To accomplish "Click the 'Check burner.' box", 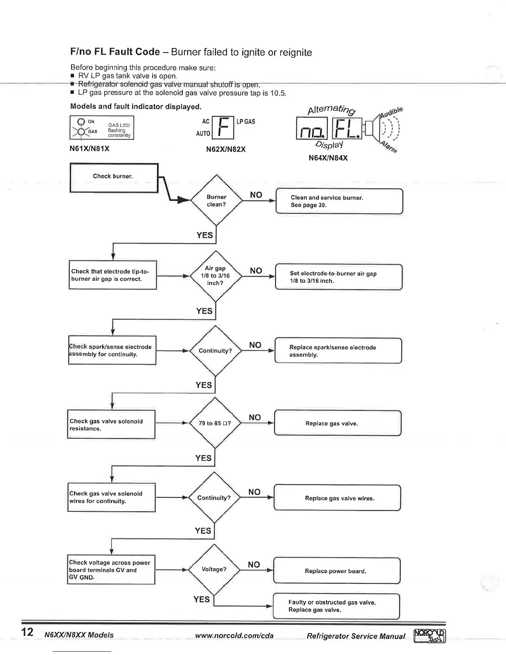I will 114,178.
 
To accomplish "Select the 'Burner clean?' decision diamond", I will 216,201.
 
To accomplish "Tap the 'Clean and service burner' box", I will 339,201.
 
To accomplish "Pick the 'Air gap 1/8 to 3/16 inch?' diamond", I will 215,276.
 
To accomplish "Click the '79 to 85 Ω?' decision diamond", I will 215,423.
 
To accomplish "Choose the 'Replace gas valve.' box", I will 337,423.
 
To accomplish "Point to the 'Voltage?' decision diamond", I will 214,569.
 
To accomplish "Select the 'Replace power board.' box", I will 337,571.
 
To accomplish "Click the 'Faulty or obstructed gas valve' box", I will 336,606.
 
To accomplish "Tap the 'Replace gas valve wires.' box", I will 337,498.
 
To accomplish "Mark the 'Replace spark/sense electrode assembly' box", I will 338,351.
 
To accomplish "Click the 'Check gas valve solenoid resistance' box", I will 111,425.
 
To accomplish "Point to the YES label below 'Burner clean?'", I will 205,235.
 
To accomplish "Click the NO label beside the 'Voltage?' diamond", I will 254,564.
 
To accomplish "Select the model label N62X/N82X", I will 226,149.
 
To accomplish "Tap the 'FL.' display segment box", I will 347,129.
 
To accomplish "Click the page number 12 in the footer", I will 27,632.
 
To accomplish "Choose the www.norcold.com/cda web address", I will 234,636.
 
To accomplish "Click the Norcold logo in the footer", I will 430,636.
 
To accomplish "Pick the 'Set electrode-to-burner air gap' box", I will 339,277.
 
